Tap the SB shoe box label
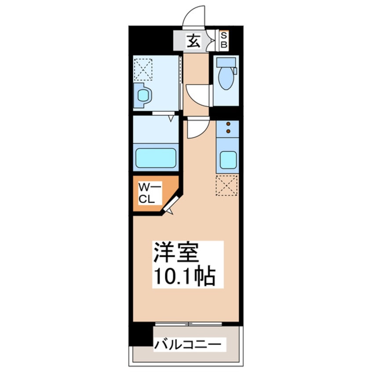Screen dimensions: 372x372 (223, 40)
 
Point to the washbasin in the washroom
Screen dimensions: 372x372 (142, 95)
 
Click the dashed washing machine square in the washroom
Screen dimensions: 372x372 (143, 69)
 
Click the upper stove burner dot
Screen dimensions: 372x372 (228, 124)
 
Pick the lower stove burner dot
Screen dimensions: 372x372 (228, 131)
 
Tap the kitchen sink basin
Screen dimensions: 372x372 (228, 160)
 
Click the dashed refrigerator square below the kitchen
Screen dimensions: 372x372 (227, 185)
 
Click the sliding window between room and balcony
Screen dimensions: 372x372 (189, 325)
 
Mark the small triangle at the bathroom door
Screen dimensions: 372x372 (171, 118)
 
